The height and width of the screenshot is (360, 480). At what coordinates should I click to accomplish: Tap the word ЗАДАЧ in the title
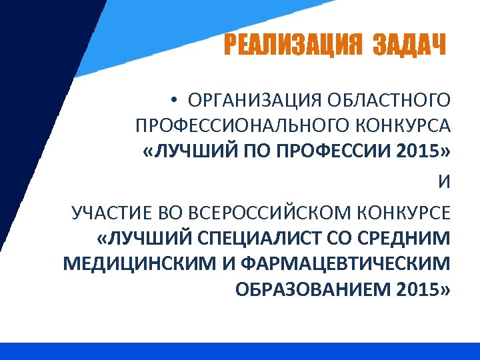pyautogui.click(x=408, y=46)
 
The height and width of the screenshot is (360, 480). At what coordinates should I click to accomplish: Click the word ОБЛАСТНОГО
pyautogui.click(x=389, y=101)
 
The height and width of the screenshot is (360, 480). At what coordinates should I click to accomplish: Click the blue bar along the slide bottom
pyautogui.click(x=240, y=351)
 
